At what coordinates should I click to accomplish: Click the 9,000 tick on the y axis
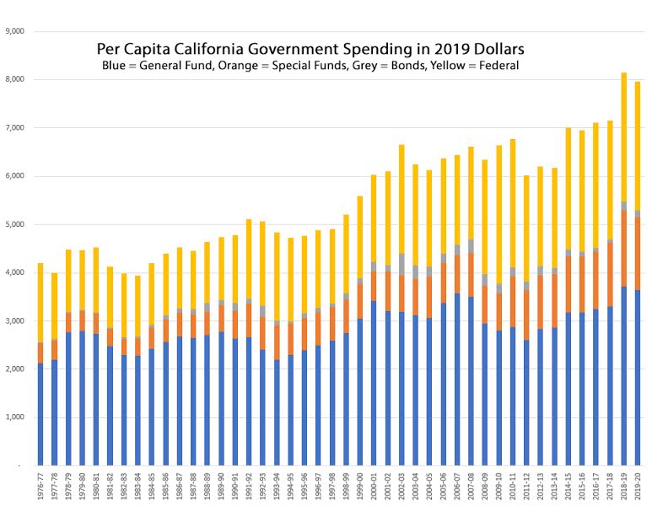coord(16,31)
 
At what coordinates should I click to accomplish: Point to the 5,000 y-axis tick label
coord(16,224)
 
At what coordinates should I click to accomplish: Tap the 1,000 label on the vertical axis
coord(16,417)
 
